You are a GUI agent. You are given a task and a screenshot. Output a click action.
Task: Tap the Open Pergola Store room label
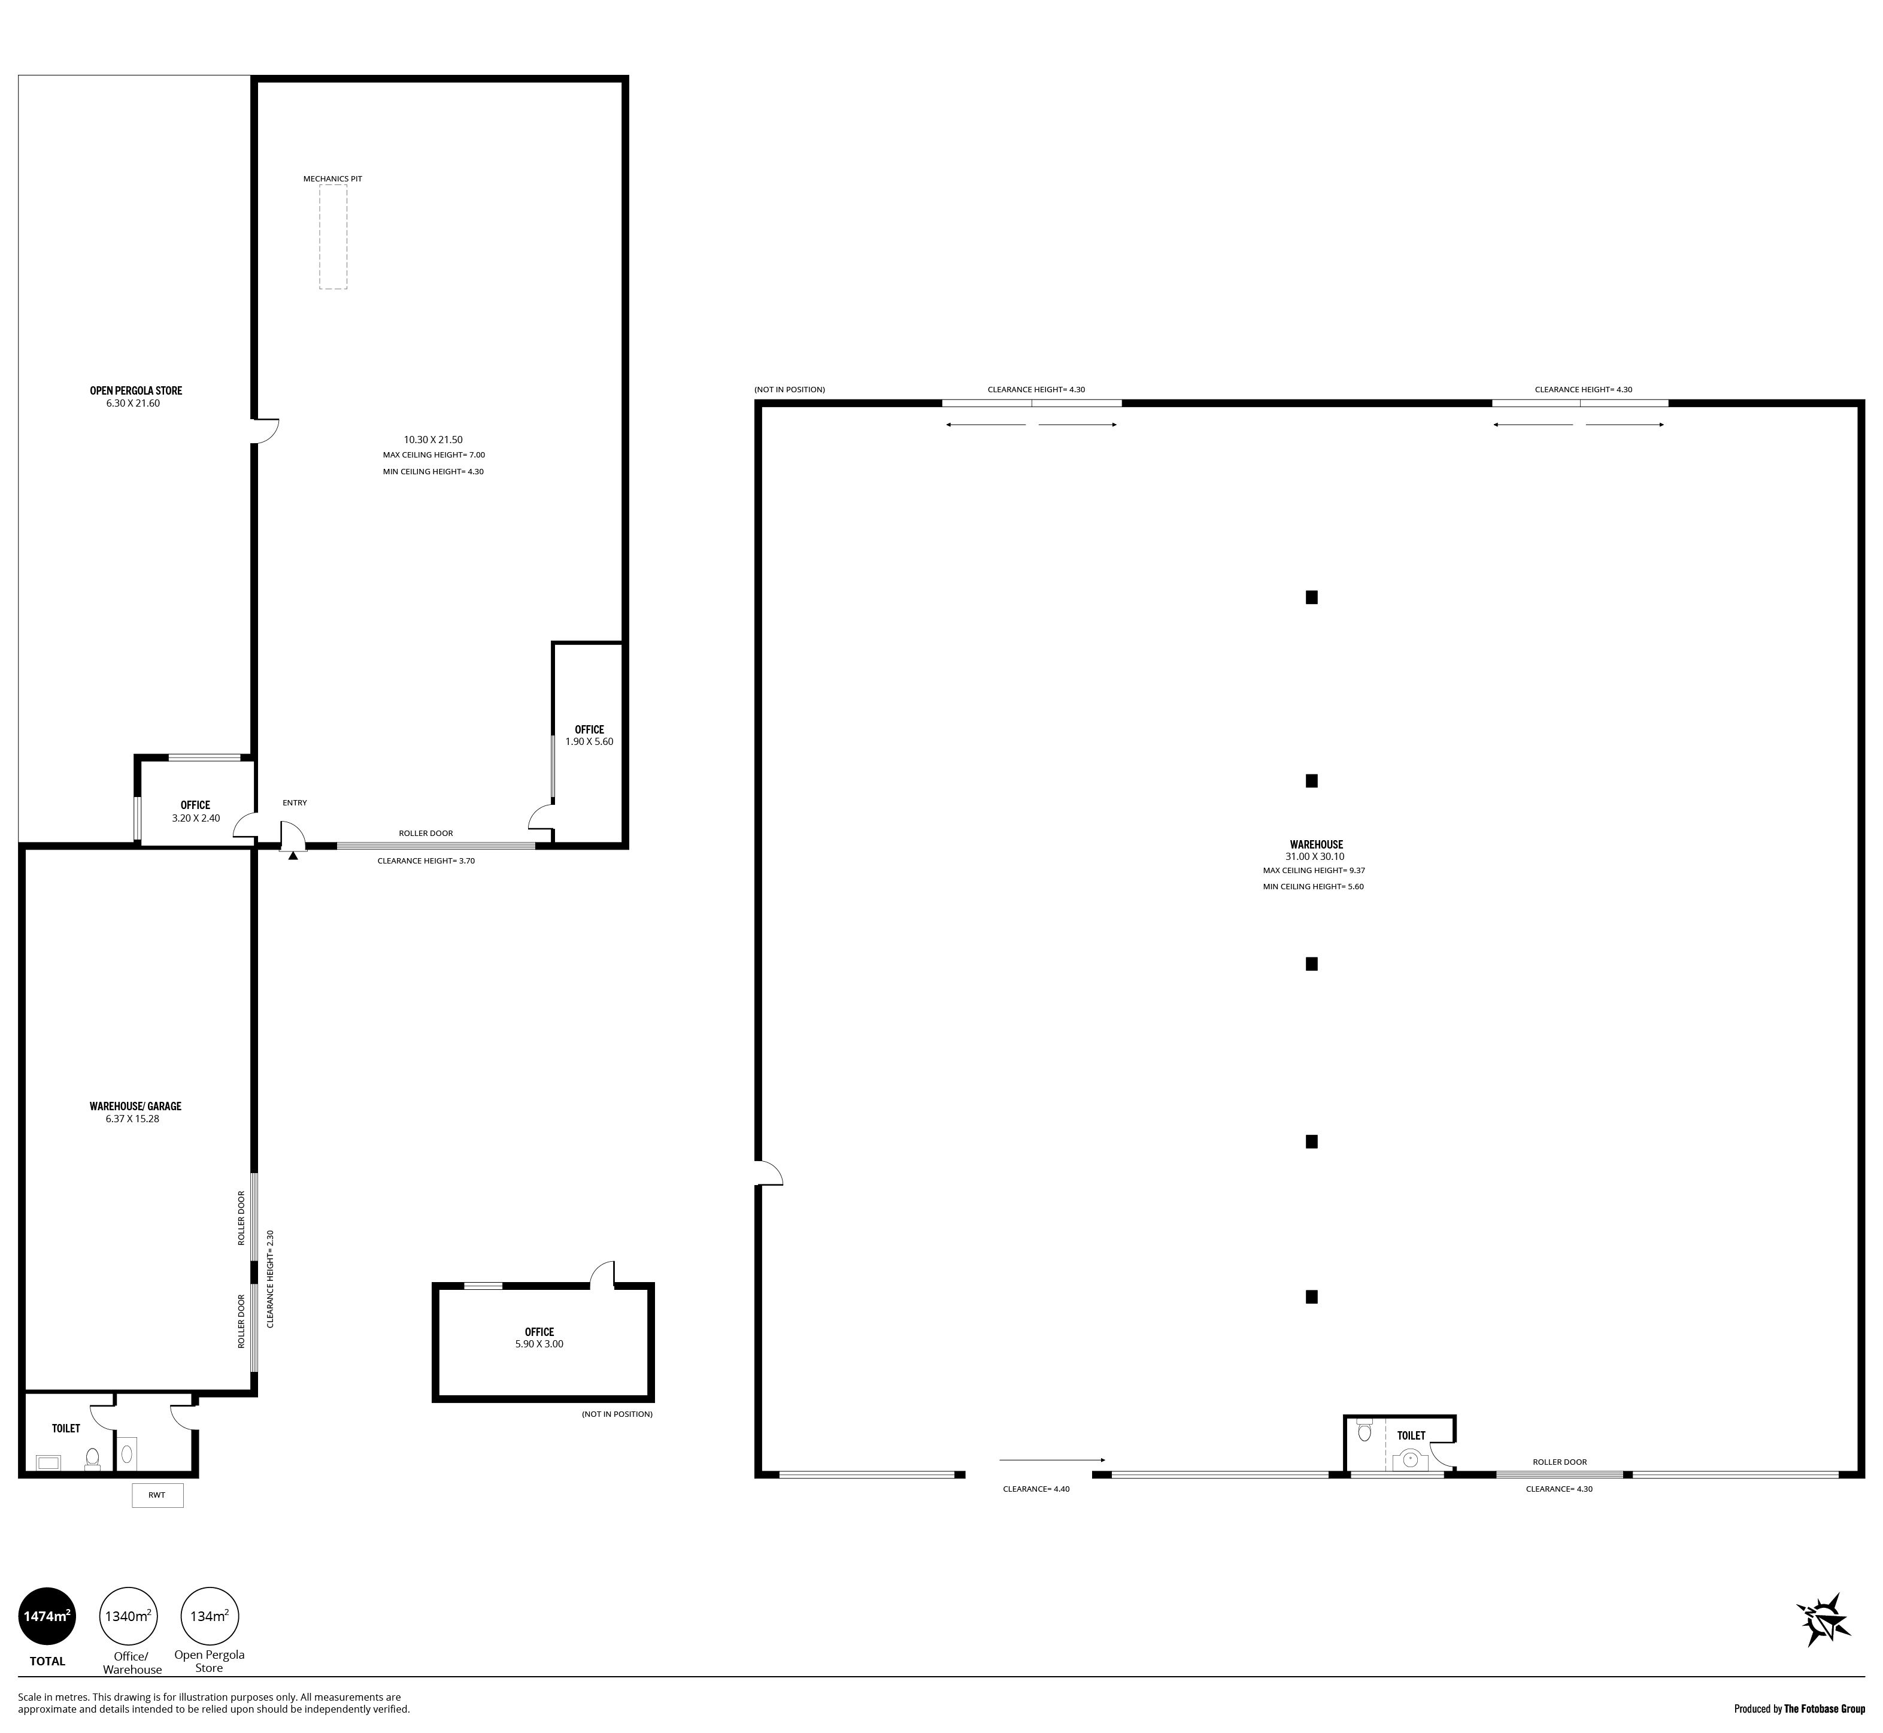pos(136,391)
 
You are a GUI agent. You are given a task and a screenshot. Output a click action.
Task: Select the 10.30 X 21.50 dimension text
pos(433,440)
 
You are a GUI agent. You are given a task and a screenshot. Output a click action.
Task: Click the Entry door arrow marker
pos(293,855)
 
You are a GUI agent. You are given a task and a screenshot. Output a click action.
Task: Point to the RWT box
pos(157,1495)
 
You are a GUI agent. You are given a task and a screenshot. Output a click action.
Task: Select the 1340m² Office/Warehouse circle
pos(129,1616)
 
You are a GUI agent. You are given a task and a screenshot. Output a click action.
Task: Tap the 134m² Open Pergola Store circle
pos(209,1616)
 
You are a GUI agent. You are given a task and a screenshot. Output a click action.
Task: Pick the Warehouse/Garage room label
pos(136,1107)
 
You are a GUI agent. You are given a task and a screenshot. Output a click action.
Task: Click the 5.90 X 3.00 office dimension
pos(539,1344)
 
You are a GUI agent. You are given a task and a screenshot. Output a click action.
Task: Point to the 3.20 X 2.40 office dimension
pos(196,818)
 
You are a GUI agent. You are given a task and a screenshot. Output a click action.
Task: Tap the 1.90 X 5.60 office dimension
pos(589,742)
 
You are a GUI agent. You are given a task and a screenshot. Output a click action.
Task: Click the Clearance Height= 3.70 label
pos(427,861)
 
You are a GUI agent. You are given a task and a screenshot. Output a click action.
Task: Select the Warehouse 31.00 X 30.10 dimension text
pos(1315,856)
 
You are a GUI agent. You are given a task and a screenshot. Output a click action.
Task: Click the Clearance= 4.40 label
pos(1036,1489)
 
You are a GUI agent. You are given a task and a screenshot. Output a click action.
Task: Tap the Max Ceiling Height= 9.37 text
pos(1314,870)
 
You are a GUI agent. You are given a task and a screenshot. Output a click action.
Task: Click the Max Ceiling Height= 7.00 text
pos(434,455)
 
